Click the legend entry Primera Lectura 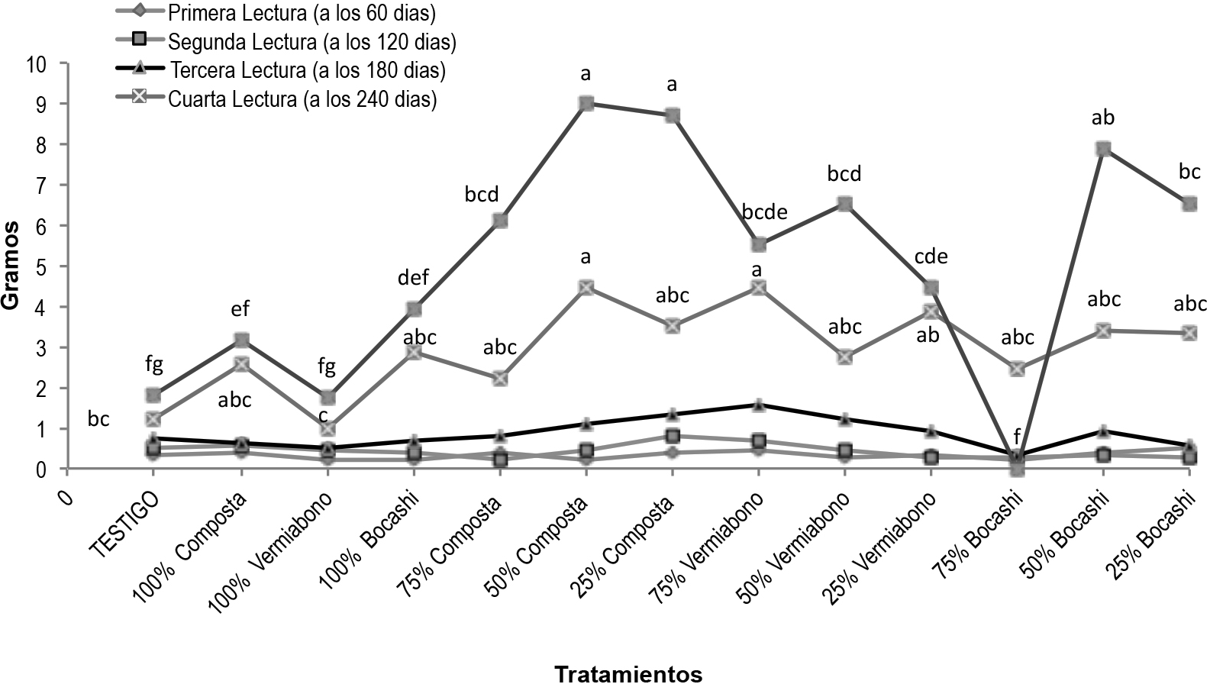(302, 12)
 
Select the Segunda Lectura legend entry (312, 40)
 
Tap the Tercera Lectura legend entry (308, 70)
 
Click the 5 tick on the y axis (42, 266)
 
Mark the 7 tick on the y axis (42, 186)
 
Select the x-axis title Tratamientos (628, 673)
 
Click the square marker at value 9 (586, 104)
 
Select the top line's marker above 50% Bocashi (1102, 149)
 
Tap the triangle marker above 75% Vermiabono (758, 405)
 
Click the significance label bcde (763, 211)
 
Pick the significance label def (413, 276)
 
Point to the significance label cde (931, 256)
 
